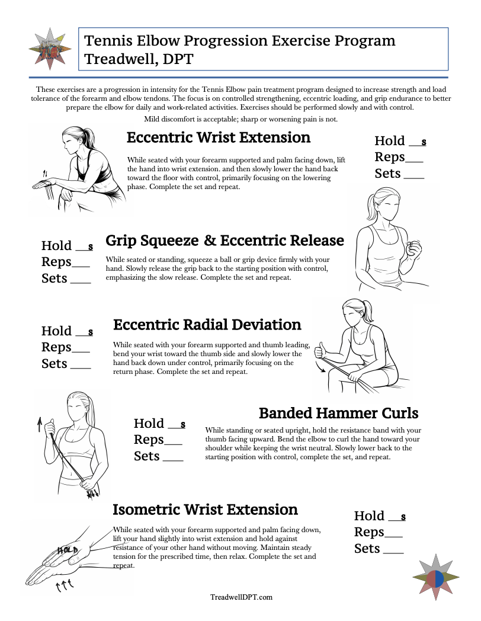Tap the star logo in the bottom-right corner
[x=435, y=579]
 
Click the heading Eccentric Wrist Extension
[x=218, y=137]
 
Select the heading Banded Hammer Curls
[x=338, y=412]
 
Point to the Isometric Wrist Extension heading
[x=205, y=510]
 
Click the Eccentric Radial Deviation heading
[x=207, y=325]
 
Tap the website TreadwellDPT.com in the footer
[x=241, y=597]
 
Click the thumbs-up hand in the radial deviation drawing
[x=322, y=350]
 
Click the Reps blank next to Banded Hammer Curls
[x=173, y=440]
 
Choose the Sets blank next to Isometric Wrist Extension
[x=393, y=549]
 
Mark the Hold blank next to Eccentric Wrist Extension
[x=417, y=142]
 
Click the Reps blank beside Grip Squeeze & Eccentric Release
[x=81, y=263]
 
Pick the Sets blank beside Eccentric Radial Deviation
[x=81, y=364]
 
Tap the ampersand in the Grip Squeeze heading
[x=210, y=241]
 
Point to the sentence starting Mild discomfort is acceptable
[x=240, y=119]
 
